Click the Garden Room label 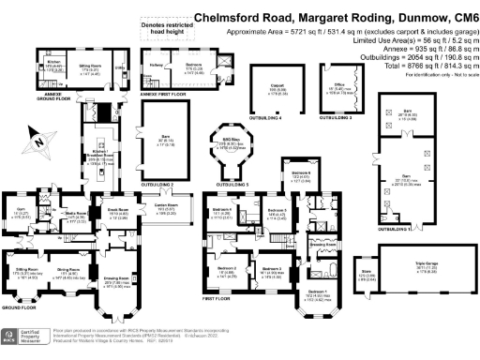point(165,204)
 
